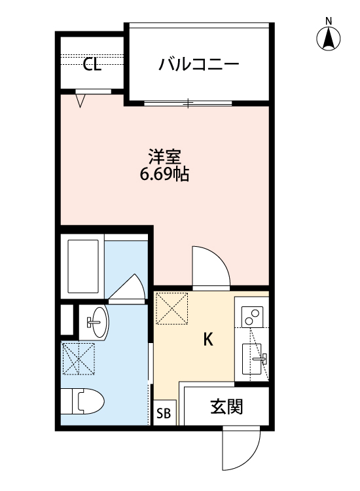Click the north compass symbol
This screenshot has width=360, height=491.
(330, 38)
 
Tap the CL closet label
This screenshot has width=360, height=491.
(92, 64)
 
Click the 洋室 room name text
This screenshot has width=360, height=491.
(164, 157)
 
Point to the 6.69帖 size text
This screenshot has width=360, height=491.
(164, 175)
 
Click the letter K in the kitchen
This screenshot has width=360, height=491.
(208, 339)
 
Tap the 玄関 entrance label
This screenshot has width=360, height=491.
(226, 407)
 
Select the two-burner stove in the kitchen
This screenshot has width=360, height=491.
(251, 317)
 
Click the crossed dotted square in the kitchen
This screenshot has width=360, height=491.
(172, 309)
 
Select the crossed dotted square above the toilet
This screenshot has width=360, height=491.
(78, 359)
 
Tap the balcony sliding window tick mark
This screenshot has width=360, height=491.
(188, 103)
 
